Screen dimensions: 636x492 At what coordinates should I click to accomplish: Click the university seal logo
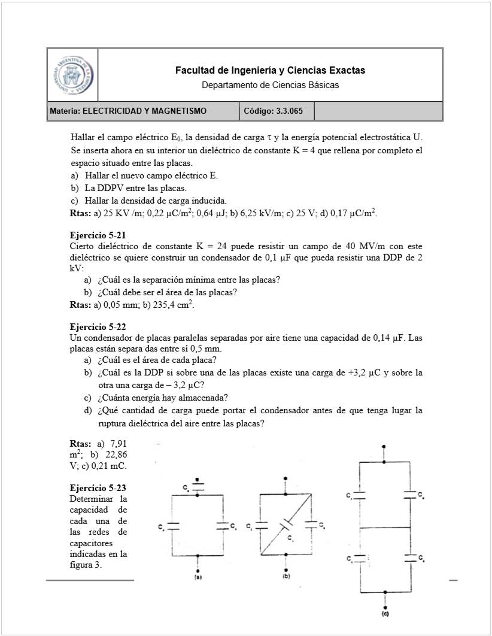[x=72, y=75]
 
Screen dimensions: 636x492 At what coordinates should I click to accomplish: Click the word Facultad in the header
[x=194, y=71]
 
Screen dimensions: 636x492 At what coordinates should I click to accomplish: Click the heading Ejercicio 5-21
[x=98, y=235]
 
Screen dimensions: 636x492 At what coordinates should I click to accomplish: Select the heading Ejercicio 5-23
[x=98, y=487]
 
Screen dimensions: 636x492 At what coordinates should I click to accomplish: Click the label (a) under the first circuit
[x=198, y=579]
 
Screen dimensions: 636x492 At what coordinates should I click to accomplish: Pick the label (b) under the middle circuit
[x=286, y=577]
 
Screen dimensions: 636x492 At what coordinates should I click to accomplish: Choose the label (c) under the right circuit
[x=384, y=614]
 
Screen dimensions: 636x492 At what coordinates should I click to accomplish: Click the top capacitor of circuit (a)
[x=198, y=486]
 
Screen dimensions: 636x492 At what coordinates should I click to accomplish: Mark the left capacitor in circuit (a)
[x=172, y=525]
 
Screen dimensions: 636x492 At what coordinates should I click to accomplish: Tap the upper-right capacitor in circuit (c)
[x=409, y=495]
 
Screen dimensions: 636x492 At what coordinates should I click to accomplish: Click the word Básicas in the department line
[x=323, y=85]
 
